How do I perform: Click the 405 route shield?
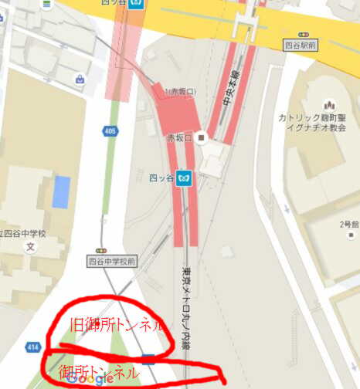pos(110,132)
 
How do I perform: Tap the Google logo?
pos(90,379)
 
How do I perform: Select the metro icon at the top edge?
pos(137,3)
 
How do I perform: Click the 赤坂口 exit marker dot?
pos(202,138)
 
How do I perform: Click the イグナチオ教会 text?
pos(316,130)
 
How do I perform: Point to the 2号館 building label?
pos(349,228)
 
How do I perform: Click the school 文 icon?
pos(31,248)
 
